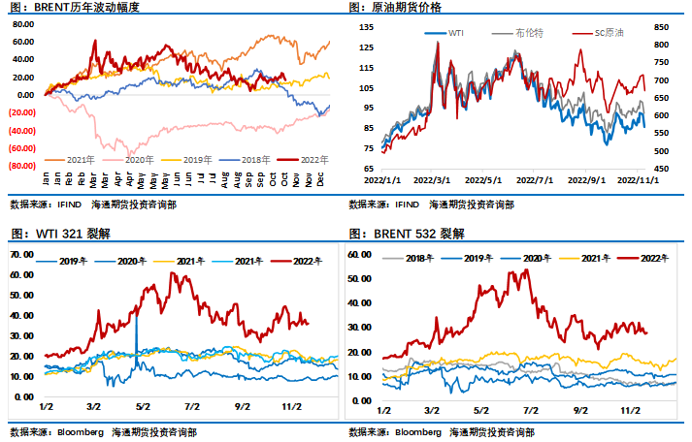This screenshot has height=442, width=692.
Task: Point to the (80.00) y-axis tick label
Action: (x=22, y=166)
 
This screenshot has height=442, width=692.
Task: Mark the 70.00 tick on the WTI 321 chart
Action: (x=21, y=252)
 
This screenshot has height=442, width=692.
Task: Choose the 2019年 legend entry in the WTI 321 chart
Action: (x=73, y=262)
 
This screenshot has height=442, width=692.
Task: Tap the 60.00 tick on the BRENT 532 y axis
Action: (x=360, y=254)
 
